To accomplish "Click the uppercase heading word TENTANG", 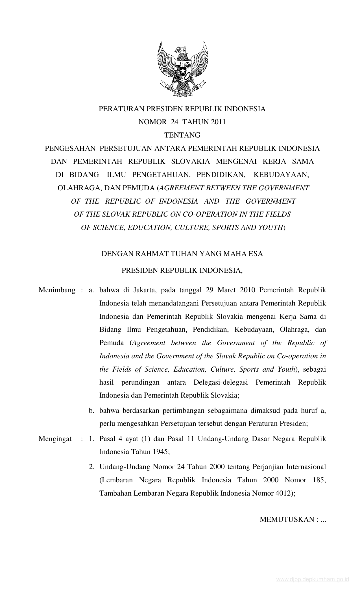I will (x=182, y=135).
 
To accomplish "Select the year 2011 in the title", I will (x=218, y=122).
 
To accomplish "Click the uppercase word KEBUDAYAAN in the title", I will (x=281, y=175).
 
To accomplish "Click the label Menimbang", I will (x=57, y=290).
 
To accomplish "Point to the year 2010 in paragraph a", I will (x=248, y=290).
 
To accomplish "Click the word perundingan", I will (x=140, y=382).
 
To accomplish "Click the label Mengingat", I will (x=55, y=439).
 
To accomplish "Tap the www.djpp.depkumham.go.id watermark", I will (x=313, y=586).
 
